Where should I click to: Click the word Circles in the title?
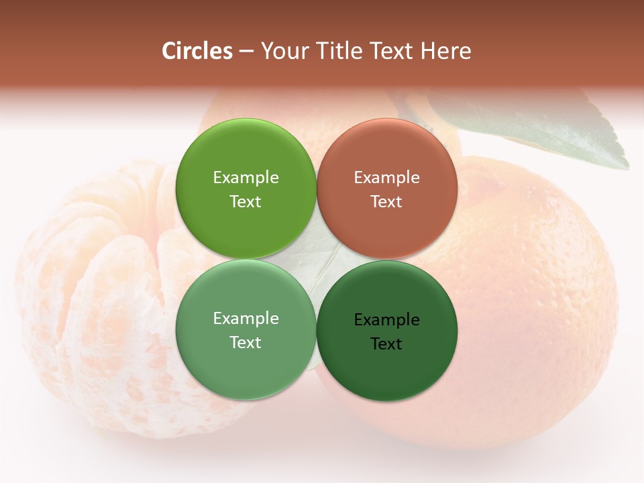pyautogui.click(x=197, y=51)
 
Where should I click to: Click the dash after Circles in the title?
pyautogui.click(x=246, y=52)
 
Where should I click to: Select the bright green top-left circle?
pyautogui.click(x=246, y=151)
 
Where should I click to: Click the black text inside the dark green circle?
pyautogui.click(x=386, y=331)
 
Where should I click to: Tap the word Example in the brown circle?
pyautogui.click(x=386, y=178)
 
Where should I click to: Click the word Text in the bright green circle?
pyautogui.click(x=246, y=202)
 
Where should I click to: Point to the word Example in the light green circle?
pyautogui.click(x=246, y=319)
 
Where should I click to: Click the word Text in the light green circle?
pyautogui.click(x=246, y=343)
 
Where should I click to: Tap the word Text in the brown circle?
pyautogui.click(x=386, y=202)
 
